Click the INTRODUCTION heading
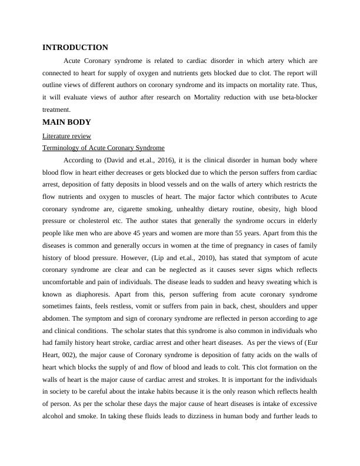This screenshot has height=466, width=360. (75, 48)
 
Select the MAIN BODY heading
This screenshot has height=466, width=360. (66, 122)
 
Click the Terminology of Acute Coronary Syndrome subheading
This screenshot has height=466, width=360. (104, 148)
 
